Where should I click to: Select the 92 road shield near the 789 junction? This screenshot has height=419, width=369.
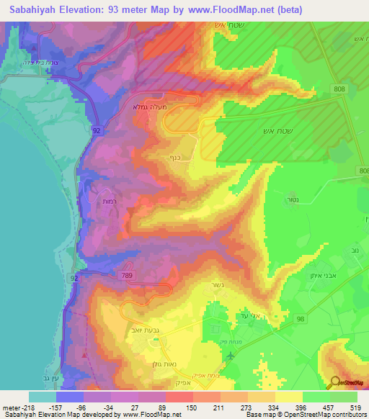[75, 276]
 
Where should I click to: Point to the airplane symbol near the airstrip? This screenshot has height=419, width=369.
[230, 355]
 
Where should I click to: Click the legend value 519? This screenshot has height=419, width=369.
[358, 407]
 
